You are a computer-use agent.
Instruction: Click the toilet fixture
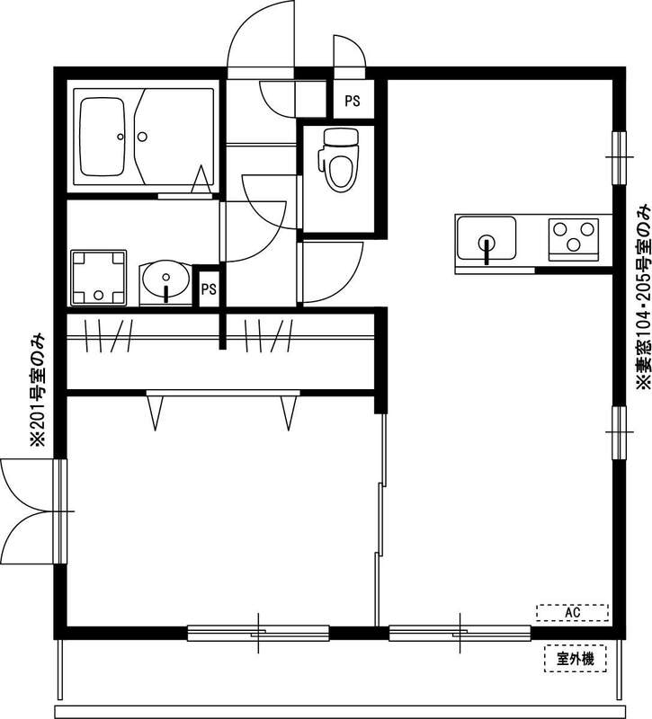click(x=340, y=160)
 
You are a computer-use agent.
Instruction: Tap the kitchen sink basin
click(x=486, y=241)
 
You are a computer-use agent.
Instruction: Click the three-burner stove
click(x=575, y=240)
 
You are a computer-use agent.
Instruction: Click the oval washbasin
click(x=165, y=280)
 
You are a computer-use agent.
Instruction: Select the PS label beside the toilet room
click(x=352, y=102)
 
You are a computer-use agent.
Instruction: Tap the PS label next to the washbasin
click(x=209, y=289)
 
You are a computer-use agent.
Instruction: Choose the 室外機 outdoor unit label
click(x=576, y=659)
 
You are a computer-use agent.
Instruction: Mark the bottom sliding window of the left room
click(x=258, y=633)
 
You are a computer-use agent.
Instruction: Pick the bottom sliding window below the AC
click(x=460, y=633)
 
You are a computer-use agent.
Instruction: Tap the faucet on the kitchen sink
click(x=487, y=249)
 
